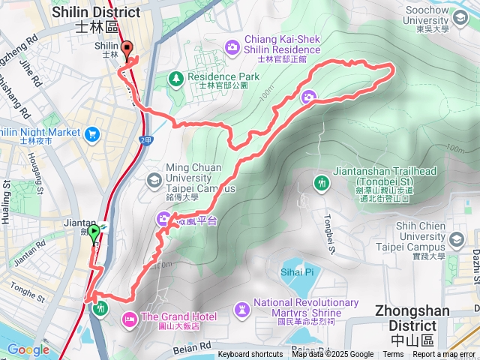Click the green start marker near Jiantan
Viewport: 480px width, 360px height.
(94, 235)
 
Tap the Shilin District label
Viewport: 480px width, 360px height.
(96, 19)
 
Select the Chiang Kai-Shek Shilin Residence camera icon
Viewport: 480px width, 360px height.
(232, 47)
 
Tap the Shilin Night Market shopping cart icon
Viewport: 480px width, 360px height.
(92, 134)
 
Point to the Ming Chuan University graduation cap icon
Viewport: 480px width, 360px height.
(154, 180)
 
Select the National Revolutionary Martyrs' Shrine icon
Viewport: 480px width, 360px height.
(241, 308)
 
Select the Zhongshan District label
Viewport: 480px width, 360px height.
(412, 318)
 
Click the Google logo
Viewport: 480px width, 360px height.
(28, 349)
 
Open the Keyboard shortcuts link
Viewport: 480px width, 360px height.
(250, 355)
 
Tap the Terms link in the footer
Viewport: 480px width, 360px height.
(393, 355)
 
